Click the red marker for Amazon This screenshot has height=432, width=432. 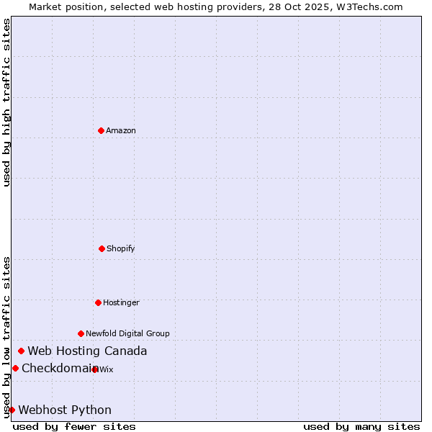pyautogui.click(x=101, y=130)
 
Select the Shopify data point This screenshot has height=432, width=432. pyautogui.click(x=102, y=248)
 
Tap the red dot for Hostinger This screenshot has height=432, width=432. pyautogui.click(x=98, y=302)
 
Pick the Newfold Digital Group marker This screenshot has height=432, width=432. pyautogui.click(x=81, y=333)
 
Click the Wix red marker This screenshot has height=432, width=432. pyautogui.click(x=95, y=369)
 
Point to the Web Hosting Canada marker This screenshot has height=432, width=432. pyautogui.click(x=21, y=351)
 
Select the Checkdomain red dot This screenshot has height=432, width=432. pyautogui.click(x=15, y=369)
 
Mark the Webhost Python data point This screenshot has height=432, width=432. pyautogui.click(x=12, y=410)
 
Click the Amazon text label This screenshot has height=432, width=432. pyautogui.click(x=121, y=130)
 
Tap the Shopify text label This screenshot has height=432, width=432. pyautogui.click(x=121, y=248)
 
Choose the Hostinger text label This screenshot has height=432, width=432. pyautogui.click(x=121, y=302)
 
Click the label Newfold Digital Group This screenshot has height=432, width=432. pyautogui.click(x=128, y=333)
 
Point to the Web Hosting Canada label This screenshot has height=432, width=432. pyautogui.click(x=87, y=351)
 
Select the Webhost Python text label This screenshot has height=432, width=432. pyautogui.click(x=65, y=410)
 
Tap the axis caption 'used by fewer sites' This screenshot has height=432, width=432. pyautogui.click(x=74, y=426)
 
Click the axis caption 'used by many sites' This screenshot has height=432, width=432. pyautogui.click(x=361, y=426)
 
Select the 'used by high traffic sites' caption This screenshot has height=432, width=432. pyautogui.click(x=6, y=102)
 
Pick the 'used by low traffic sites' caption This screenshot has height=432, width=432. pyautogui.click(x=6, y=337)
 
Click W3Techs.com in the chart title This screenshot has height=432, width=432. pyautogui.click(x=366, y=6)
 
